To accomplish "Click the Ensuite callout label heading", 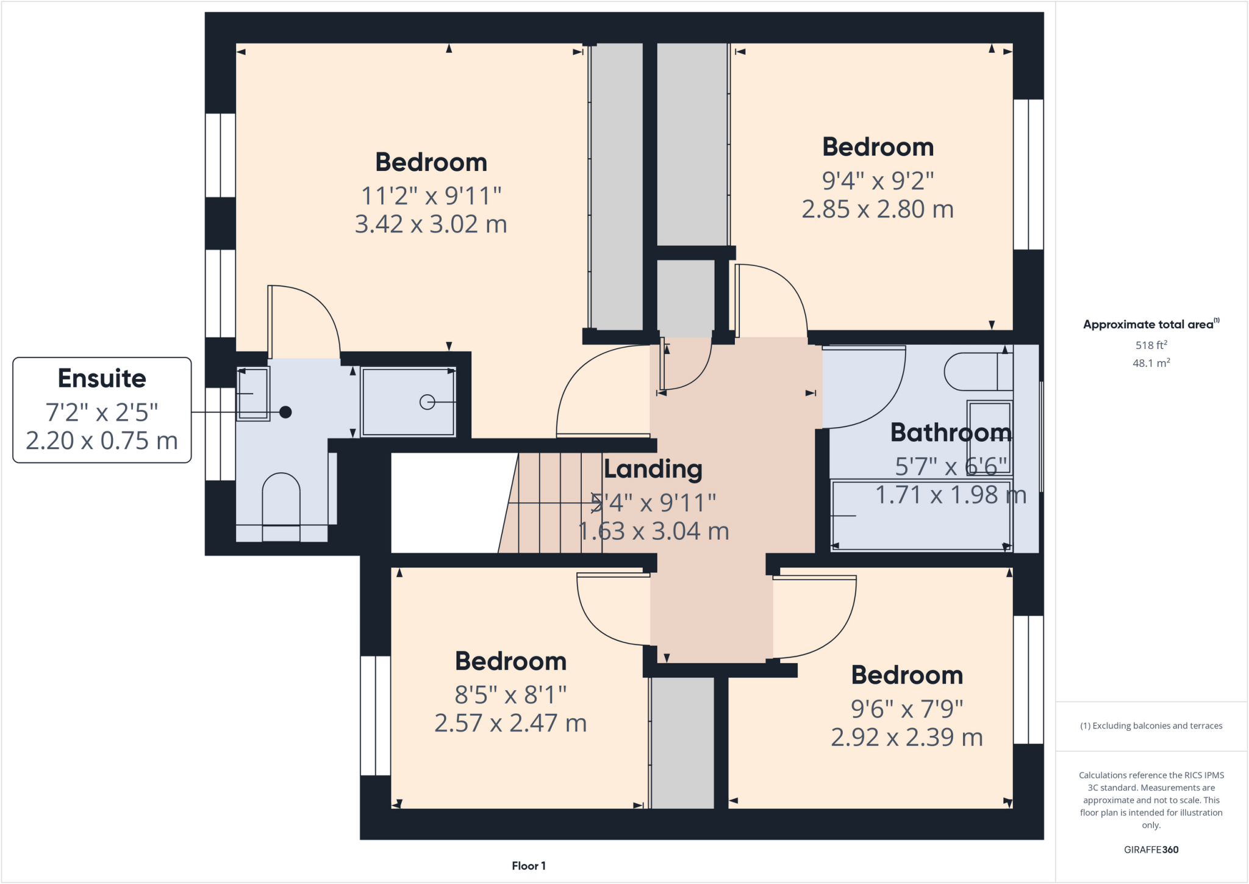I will (x=102, y=378).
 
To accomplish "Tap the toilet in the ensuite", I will (x=281, y=500).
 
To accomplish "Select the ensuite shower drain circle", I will (x=427, y=402).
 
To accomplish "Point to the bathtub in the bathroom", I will (x=921, y=516).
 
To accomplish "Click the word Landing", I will (x=653, y=469).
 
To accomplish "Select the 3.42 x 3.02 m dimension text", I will (x=431, y=225).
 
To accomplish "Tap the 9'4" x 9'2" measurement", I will (x=878, y=181).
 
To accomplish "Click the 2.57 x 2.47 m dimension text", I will (x=510, y=724).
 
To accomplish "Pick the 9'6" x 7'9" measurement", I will (x=907, y=710).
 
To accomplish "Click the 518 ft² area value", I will (x=1151, y=345).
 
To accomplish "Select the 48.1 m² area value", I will (x=1151, y=363).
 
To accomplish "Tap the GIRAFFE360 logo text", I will (x=1151, y=849).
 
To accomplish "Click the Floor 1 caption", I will (x=529, y=866).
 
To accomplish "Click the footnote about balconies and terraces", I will (x=1151, y=726).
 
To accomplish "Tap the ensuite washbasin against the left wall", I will (x=253, y=394).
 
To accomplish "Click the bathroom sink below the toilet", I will (x=989, y=437).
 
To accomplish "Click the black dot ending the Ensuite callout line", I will (x=285, y=412).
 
